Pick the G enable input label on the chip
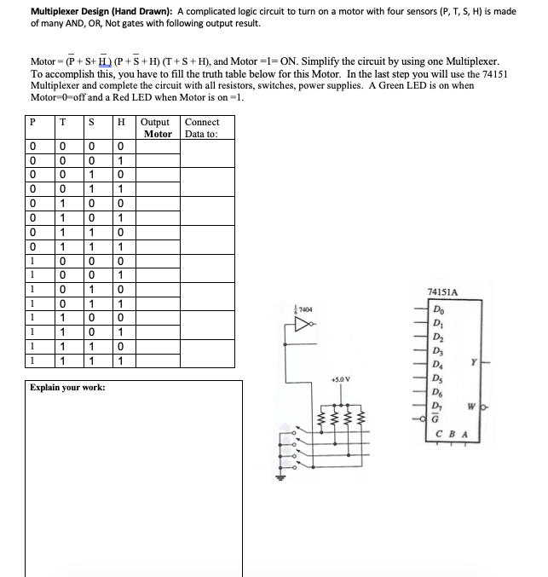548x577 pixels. [438, 417]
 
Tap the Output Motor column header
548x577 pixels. [158, 128]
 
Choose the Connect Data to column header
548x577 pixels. [202, 128]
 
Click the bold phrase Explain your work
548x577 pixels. [67, 388]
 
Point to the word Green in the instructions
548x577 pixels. [410, 86]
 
